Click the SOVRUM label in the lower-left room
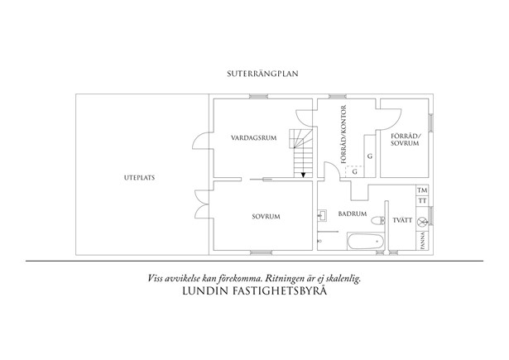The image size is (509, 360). [266, 217]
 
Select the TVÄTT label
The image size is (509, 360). [401, 221]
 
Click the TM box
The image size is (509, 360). [422, 190]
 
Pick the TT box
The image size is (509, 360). [422, 201]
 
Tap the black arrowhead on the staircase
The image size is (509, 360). [304, 174]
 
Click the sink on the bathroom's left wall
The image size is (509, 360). [322, 217]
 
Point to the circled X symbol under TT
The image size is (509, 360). [422, 221]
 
